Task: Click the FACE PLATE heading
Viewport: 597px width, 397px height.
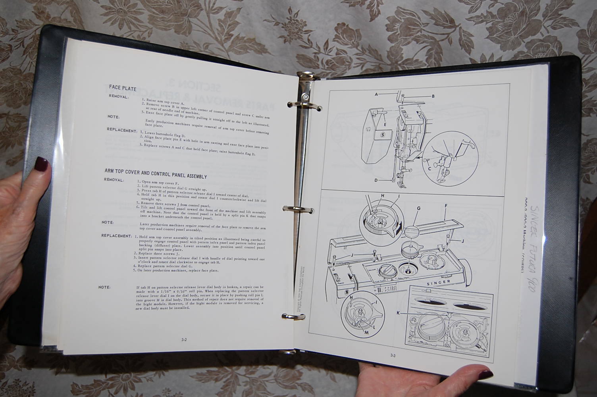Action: tap(123, 88)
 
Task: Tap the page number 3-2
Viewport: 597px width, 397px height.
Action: tap(184, 339)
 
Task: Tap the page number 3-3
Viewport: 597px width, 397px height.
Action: tap(393, 355)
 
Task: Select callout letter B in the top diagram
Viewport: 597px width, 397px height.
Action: tap(433, 96)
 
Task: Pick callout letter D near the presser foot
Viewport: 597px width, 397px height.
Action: tap(376, 180)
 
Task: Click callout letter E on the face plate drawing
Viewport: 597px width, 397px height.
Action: tap(385, 124)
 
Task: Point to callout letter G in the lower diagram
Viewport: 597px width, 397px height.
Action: tap(418, 208)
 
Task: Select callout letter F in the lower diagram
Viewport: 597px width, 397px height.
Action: tap(446, 206)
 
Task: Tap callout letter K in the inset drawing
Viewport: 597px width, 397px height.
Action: tap(398, 313)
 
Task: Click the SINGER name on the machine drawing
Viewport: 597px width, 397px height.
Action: tap(438, 282)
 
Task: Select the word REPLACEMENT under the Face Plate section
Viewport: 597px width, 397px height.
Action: tap(121, 130)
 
